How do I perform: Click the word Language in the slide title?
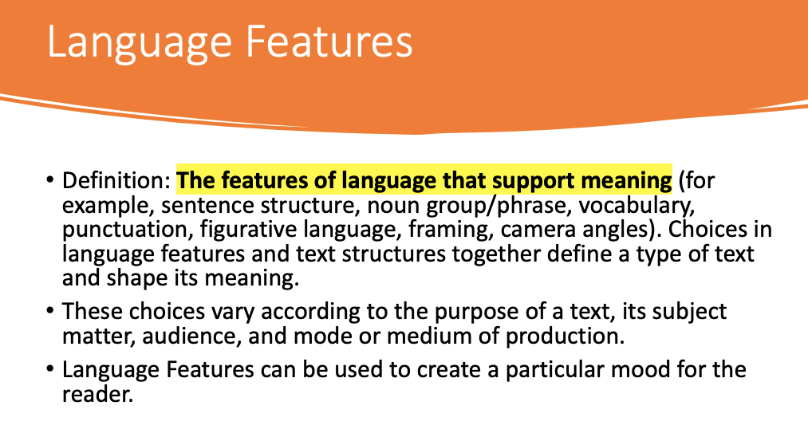140,43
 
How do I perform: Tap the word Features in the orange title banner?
329,41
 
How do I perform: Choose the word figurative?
248,230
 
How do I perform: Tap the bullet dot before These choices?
50,311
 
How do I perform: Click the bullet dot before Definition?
50,180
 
